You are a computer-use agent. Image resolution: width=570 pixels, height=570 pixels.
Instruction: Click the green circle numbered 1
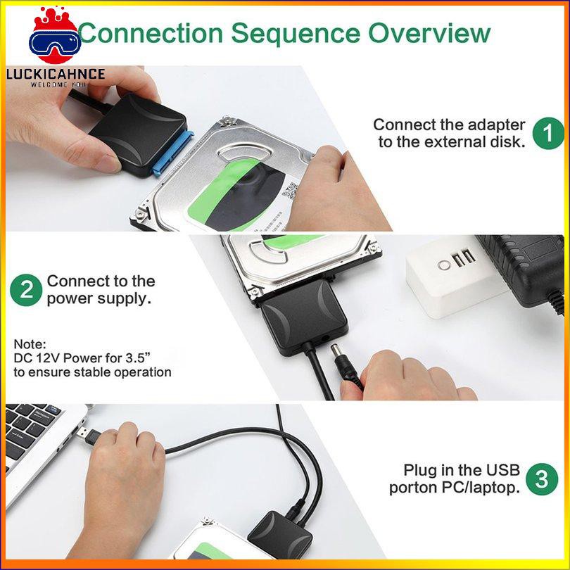pos(548,134)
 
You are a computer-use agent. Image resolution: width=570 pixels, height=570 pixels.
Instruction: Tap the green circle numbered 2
pos(26,290)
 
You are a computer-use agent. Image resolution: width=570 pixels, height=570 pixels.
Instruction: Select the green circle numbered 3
pos(542,479)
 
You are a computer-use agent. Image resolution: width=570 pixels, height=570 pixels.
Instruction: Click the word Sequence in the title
pos(296,34)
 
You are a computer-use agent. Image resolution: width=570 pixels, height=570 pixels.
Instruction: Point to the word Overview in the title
pos(429,33)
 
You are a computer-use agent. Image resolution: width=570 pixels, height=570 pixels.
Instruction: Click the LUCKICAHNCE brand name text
pos(56,74)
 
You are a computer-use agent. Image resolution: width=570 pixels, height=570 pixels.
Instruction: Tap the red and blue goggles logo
pos(55,37)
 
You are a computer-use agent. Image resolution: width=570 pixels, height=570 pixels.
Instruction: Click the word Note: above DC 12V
pos(30,344)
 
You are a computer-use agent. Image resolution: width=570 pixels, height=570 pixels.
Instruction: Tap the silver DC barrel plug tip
pos(336,351)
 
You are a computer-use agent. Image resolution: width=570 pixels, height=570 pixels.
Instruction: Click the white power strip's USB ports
pos(464,257)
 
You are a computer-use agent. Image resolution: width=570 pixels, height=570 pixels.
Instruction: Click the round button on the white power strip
pos(443,265)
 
